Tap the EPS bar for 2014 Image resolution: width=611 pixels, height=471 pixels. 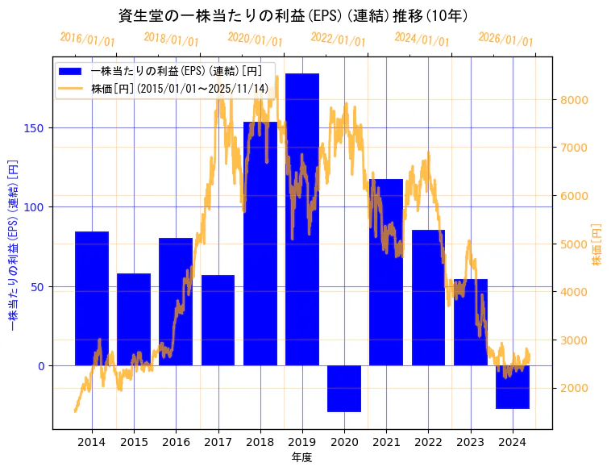point(92,298)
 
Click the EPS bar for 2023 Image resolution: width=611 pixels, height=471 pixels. point(471,322)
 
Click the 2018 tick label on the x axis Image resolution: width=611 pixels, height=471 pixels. point(260,442)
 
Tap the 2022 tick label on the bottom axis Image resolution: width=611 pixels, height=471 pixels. point(428,442)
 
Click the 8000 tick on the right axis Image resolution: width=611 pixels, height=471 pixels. point(574,100)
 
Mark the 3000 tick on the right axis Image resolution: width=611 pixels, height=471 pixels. point(574,340)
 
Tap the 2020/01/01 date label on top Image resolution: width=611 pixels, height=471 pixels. point(255,39)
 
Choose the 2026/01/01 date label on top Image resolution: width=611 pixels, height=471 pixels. point(505,39)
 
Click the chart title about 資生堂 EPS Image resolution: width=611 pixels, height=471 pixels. point(293,15)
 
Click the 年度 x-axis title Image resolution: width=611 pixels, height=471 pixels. point(301,457)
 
